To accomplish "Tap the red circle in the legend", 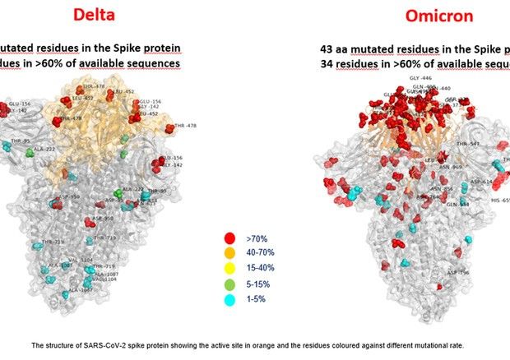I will (229, 238).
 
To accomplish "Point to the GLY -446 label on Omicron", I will (420, 78).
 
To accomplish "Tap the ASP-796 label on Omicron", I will (458, 273).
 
